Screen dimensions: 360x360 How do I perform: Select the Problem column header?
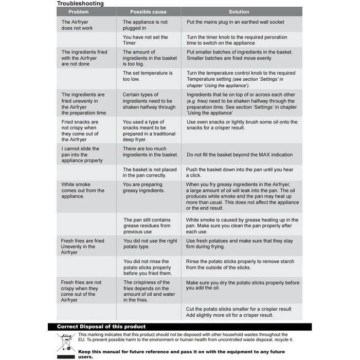85,12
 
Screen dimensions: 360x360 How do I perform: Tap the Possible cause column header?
148,12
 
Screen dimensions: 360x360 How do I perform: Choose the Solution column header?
238,12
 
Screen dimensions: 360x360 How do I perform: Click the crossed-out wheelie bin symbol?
68,341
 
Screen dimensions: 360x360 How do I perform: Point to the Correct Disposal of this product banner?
101,327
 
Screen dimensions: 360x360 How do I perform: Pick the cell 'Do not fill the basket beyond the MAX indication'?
239,155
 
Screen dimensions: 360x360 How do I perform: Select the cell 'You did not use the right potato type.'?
150,244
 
